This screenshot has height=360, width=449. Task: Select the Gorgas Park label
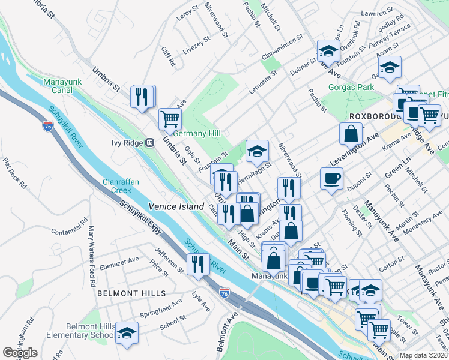coord(351,88)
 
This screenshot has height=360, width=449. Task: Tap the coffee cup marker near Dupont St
coord(331,178)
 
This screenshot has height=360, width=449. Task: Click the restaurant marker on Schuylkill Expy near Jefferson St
coord(198,264)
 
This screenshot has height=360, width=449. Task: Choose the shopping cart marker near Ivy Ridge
coord(170,118)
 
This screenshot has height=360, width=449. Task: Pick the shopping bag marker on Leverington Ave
coord(351,134)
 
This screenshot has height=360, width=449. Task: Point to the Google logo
coord(20,353)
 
